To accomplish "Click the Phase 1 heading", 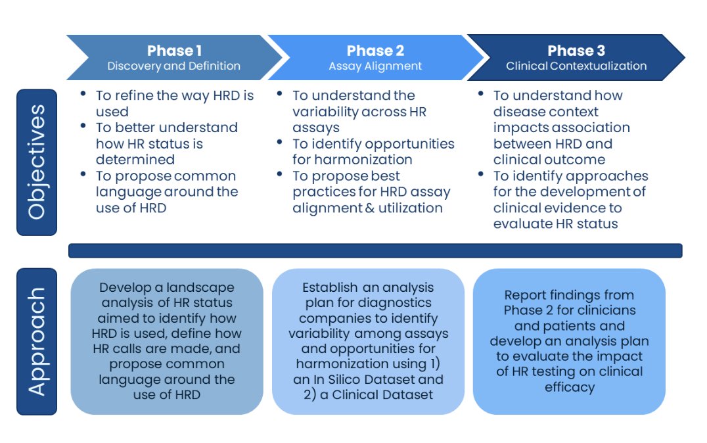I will [x=174, y=51].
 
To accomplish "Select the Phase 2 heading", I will [x=375, y=51].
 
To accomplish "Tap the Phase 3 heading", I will [x=576, y=51].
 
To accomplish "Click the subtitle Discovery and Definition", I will [x=174, y=66].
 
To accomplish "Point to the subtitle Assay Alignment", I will [x=375, y=66].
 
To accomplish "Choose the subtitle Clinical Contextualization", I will [x=576, y=66].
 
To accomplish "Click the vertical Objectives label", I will [x=37, y=162].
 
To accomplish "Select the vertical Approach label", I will [x=37, y=341].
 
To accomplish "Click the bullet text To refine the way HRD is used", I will [x=174, y=103].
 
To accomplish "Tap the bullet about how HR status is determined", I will [x=167, y=143].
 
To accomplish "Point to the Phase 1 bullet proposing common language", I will [x=167, y=192].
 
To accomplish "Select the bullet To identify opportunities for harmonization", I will [x=373, y=151].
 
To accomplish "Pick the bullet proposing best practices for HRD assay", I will [x=371, y=192].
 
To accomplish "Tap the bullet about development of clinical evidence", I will [x=570, y=200].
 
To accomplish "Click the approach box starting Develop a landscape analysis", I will [x=167, y=341].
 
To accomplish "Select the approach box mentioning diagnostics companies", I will [x=368, y=341].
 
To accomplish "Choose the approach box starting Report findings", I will [x=569, y=341].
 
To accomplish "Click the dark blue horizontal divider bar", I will [x=375, y=250].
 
